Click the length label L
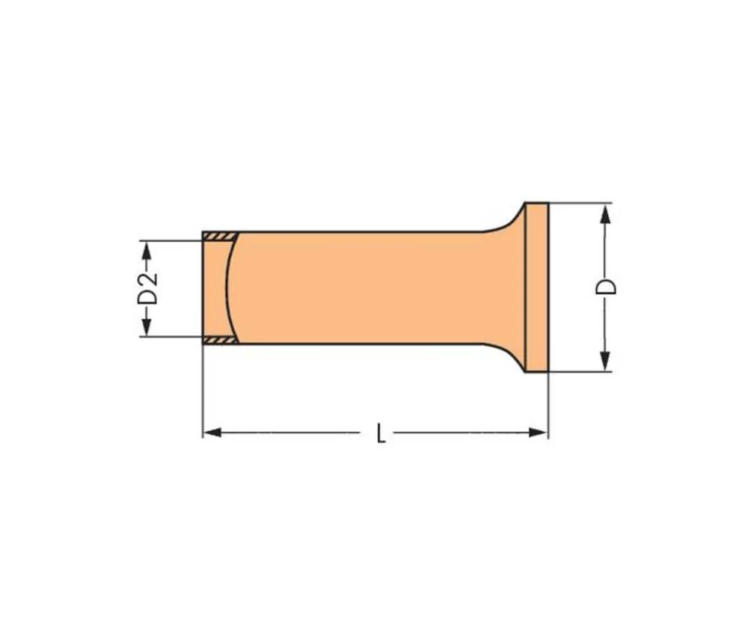coord(381,433)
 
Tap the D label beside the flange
coord(608,287)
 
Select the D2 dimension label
coord(148,288)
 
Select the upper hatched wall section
coord(220,237)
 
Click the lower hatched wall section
coord(220,340)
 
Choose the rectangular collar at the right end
coord(536,287)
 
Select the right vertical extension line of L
coord(548,404)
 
